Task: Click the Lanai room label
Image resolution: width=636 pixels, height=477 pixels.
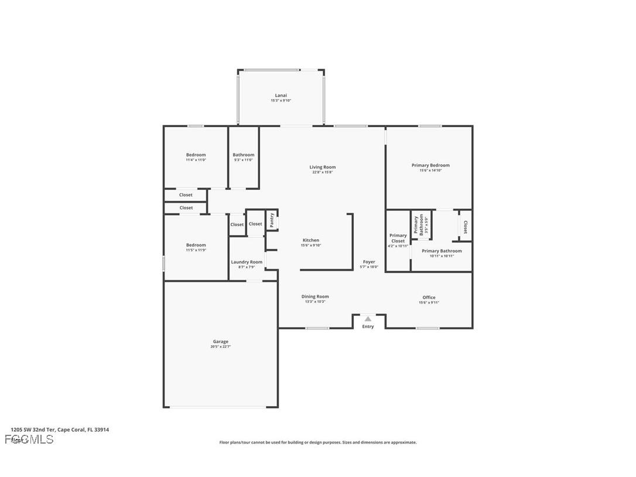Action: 281,96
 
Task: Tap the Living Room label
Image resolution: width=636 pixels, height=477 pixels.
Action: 323,167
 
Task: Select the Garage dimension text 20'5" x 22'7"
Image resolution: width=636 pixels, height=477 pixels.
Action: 221,347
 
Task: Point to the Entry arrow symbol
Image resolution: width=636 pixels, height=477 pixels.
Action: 368,319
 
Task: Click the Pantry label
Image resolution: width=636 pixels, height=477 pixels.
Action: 272,220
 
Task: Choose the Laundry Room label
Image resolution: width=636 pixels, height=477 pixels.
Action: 247,262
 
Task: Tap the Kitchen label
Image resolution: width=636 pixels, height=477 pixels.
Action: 311,240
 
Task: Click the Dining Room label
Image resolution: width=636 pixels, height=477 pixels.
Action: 315,297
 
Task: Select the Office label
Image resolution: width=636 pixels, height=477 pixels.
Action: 429,297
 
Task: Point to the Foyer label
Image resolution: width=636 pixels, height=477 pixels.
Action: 369,262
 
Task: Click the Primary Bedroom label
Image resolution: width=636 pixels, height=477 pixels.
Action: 430,165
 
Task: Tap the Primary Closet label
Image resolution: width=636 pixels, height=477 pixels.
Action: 398,238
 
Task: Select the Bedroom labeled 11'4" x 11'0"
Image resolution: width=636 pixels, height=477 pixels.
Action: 196,155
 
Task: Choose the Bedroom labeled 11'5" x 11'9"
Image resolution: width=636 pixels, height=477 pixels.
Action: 196,245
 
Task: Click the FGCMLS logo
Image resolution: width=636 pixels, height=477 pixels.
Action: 29,439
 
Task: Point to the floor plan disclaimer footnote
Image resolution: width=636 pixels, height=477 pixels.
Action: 318,442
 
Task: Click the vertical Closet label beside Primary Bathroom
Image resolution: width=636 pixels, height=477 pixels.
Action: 465,227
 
